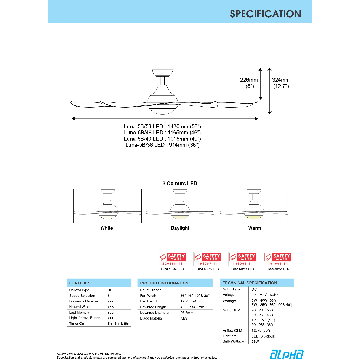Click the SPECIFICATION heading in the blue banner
(265, 14)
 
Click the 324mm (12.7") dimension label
(281, 83)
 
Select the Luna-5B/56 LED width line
(162, 126)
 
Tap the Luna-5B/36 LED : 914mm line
(162, 145)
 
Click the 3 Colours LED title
(180, 183)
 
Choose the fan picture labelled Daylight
(180, 206)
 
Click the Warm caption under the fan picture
(255, 228)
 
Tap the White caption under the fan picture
(107, 228)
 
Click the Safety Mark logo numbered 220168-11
(172, 259)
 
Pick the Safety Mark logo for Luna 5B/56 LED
(278, 259)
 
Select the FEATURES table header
(80, 283)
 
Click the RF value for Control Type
(110, 290)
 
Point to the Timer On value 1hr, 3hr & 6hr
(118, 323)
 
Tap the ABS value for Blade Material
(184, 318)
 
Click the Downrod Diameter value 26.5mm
(186, 313)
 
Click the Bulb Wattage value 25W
(256, 341)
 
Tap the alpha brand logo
(287, 354)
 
